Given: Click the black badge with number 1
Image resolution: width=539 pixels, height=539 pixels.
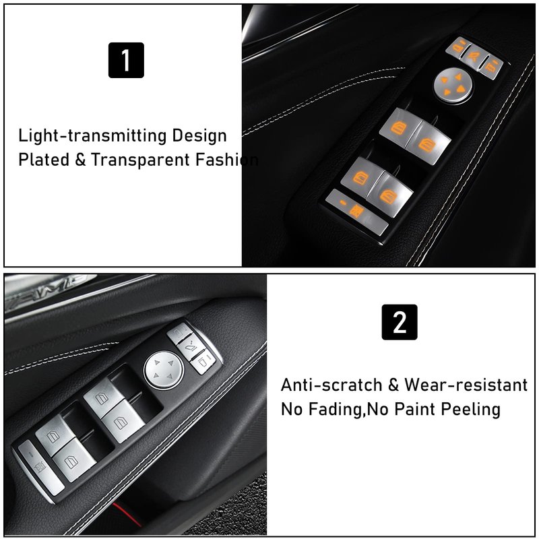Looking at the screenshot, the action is pyautogui.click(x=126, y=60).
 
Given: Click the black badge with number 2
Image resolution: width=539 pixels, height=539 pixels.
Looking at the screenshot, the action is pyautogui.click(x=400, y=322).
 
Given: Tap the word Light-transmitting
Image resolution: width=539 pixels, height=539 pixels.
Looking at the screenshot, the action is pyautogui.click(x=92, y=135).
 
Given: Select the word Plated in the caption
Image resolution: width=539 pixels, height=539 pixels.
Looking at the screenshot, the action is pyautogui.click(x=44, y=160).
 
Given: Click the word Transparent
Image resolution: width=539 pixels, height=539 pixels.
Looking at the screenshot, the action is pyautogui.click(x=140, y=160).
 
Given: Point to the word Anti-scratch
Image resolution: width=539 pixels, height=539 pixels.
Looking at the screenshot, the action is pyautogui.click(x=331, y=385).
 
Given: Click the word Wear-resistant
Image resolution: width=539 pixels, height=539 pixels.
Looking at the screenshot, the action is pyautogui.click(x=466, y=385).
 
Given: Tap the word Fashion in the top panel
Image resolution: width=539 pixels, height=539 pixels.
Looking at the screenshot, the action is pyautogui.click(x=227, y=160).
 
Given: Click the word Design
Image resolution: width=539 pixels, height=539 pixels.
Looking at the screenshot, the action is pyautogui.click(x=199, y=135).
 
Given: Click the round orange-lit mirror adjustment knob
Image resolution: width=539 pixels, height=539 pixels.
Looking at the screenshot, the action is pyautogui.click(x=452, y=85).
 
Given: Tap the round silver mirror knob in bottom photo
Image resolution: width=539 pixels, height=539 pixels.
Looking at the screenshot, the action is pyautogui.click(x=164, y=370).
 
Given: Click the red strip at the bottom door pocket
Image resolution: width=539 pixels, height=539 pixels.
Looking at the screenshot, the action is pyautogui.click(x=126, y=514).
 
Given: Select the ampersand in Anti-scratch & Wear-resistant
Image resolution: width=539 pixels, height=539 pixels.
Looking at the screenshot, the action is pyautogui.click(x=393, y=385).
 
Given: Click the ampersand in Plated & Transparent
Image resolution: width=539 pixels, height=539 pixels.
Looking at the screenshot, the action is pyautogui.click(x=80, y=160).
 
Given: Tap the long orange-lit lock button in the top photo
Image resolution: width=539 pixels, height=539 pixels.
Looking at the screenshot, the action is pyautogui.click(x=357, y=212).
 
